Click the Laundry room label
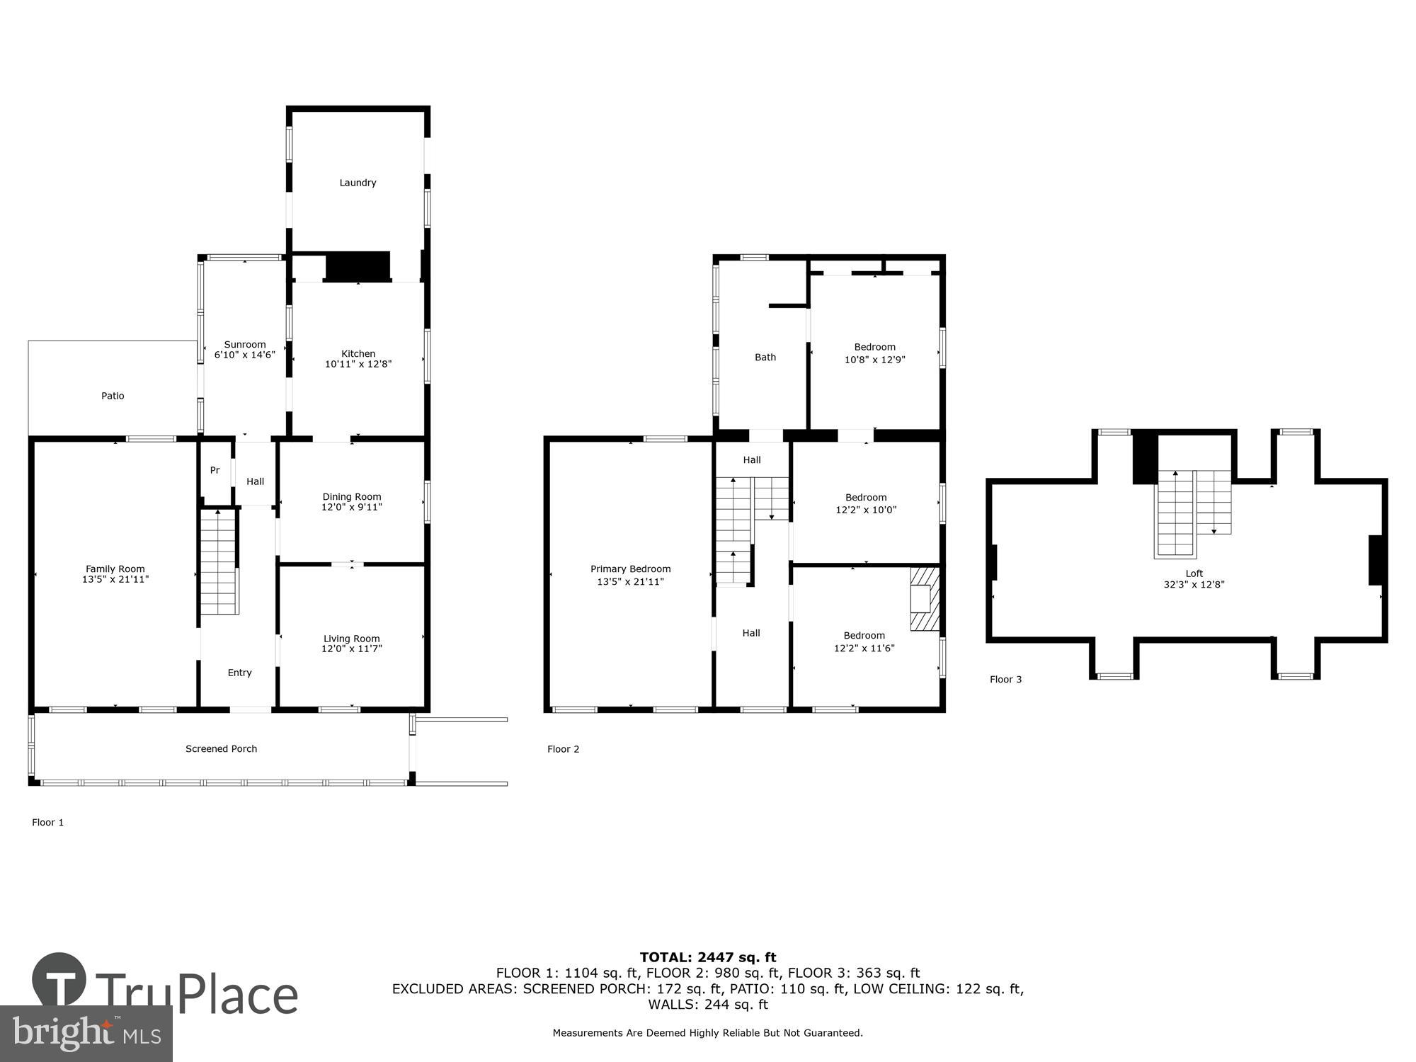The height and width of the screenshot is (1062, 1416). [358, 183]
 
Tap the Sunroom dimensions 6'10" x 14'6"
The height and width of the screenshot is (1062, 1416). [244, 355]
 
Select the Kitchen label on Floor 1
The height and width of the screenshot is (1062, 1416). [358, 353]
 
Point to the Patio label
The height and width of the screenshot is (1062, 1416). [113, 396]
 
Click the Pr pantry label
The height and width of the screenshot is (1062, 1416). [215, 470]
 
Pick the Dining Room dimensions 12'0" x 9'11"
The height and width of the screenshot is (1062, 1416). [351, 507]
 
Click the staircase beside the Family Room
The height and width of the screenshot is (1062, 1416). [218, 563]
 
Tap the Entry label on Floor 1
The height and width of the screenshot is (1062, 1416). [239, 673]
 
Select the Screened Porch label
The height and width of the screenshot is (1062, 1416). [221, 748]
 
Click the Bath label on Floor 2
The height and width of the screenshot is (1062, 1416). [765, 358]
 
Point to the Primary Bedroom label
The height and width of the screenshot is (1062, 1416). [630, 569]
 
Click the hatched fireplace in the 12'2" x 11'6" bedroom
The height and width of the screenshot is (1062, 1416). [924, 598]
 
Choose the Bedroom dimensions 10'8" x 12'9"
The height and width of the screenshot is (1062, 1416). [874, 360]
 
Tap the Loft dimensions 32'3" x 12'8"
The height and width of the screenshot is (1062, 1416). [1194, 585]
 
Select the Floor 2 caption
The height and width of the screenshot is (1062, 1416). [563, 749]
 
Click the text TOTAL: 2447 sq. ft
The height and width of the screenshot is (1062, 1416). [708, 958]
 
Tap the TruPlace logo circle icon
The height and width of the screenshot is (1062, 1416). [59, 981]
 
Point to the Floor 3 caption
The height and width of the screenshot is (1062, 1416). [1005, 680]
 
